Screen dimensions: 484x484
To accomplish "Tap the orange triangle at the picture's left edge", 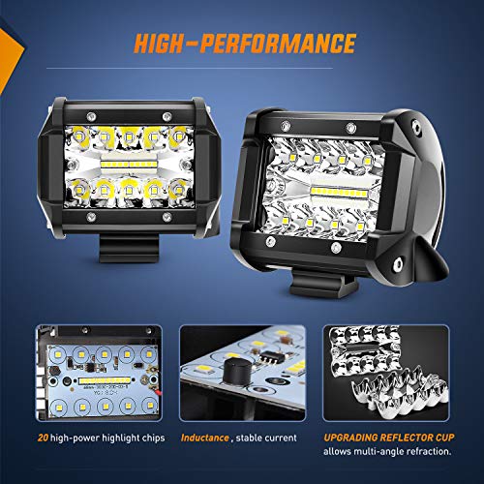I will (9, 48).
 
